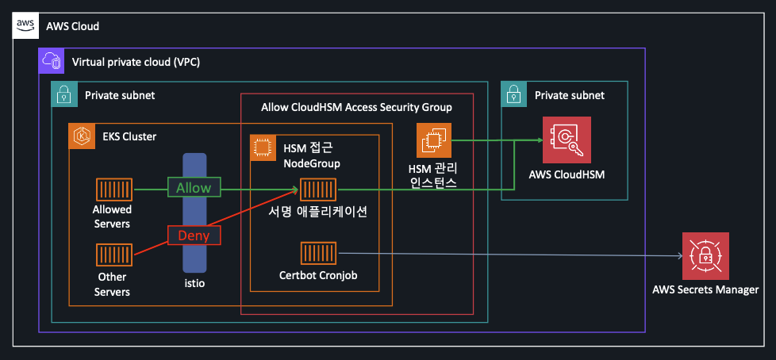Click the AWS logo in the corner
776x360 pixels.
click(25, 25)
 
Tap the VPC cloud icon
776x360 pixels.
click(52, 62)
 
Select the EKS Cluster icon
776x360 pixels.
click(81, 136)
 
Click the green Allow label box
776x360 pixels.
click(194, 188)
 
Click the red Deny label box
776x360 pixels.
click(194, 236)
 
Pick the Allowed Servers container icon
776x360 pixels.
click(113, 190)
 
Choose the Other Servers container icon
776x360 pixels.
click(113, 255)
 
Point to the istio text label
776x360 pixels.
click(194, 284)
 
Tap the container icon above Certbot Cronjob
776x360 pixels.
click(318, 254)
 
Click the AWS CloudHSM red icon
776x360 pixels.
click(567, 140)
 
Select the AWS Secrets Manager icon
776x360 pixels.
click(705, 256)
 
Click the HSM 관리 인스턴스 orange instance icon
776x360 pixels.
click(434, 140)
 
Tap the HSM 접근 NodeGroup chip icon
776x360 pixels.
click(263, 147)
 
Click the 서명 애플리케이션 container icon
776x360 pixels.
click(318, 190)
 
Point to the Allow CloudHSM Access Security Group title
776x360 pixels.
click(356, 107)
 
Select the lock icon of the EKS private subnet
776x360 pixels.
click(64, 94)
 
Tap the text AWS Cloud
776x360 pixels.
click(73, 26)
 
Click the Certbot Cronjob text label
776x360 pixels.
click(318, 275)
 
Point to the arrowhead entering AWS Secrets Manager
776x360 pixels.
click(679, 256)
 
